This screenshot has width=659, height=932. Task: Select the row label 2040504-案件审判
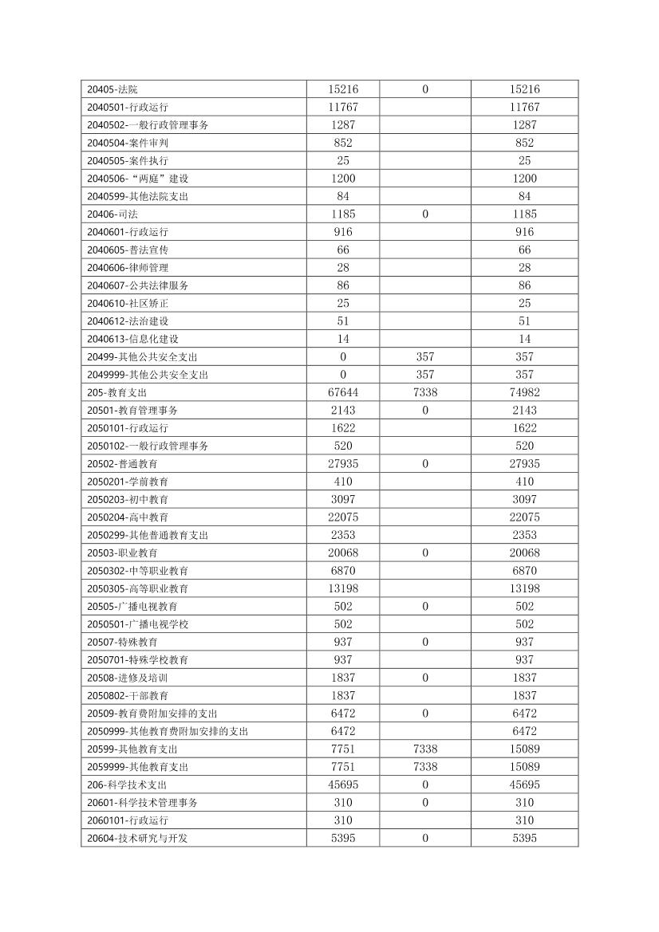coord(128,143)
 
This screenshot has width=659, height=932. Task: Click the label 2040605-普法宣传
coord(128,250)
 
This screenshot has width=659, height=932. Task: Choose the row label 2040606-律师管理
coord(128,267)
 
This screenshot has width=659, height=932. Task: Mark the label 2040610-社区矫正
coord(128,303)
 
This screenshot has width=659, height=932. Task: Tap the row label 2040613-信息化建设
coord(133,339)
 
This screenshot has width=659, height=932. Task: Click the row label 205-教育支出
coord(117,392)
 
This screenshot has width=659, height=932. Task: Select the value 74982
coord(524,392)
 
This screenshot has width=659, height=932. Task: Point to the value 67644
coord(343,392)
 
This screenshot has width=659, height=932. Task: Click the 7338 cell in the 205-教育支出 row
coord(425,392)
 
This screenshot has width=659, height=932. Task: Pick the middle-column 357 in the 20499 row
coord(425,356)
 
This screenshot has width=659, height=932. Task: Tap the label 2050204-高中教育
coord(128,517)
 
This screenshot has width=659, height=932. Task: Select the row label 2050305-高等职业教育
coord(138,588)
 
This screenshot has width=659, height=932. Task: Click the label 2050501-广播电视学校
coord(138,624)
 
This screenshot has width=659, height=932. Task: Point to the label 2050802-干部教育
coord(128,695)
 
